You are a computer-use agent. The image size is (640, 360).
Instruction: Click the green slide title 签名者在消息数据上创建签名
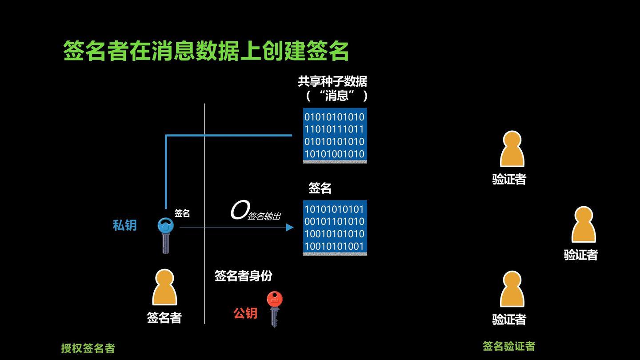coord(206,51)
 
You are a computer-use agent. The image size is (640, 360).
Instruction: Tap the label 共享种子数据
coord(332,81)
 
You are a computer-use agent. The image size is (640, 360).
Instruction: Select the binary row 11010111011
coord(334,129)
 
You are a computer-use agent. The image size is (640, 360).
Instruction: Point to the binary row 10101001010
coord(334,154)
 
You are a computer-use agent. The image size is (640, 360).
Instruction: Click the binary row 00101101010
coord(334,221)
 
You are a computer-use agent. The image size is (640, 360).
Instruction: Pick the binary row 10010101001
coord(334,246)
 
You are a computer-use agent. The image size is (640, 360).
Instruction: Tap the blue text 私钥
coord(124,225)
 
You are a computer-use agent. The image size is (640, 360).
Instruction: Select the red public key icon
coord(274,308)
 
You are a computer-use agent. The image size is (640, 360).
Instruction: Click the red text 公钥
coord(245,313)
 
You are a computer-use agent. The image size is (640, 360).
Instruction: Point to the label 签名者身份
coord(243,276)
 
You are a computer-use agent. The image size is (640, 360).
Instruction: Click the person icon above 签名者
coord(164,288)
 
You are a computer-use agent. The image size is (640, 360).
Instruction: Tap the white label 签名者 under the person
coord(164,318)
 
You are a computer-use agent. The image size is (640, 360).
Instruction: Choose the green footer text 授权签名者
coord(88,348)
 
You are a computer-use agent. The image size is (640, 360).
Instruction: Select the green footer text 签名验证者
coord(509,346)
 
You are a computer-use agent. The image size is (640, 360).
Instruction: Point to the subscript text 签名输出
coord(264,216)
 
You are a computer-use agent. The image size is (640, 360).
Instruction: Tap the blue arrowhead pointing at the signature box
coord(290,228)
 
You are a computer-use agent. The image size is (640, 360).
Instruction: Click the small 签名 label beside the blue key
coord(182,213)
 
